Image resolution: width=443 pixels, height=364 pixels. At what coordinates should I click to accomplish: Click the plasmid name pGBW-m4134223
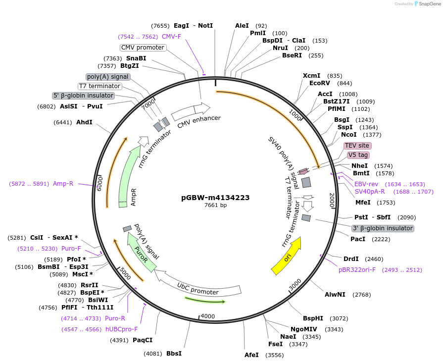pyautogui.click(x=215, y=197)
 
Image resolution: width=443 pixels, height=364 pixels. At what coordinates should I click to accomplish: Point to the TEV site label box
pyautogui.click(x=357, y=146)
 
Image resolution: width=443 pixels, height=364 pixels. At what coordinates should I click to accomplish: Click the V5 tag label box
pyautogui.click(x=358, y=155)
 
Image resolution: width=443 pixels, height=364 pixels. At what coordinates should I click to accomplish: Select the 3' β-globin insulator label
pyautogui.click(x=382, y=228)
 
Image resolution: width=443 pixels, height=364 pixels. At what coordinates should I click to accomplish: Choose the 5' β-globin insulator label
pyautogui.click(x=84, y=96)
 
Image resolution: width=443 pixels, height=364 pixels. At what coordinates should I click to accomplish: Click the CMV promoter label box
pyautogui.click(x=143, y=48)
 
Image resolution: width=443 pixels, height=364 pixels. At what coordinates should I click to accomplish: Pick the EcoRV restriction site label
pyautogui.click(x=319, y=83)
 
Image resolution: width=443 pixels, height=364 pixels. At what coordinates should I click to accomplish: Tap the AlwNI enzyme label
pyautogui.click(x=335, y=295)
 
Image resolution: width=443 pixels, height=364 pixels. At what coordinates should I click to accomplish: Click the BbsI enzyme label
pyautogui.click(x=174, y=354)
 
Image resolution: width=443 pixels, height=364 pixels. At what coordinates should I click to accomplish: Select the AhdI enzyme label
pyautogui.click(x=84, y=122)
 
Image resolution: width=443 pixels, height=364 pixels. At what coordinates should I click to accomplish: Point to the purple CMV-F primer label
pyautogui.click(x=171, y=37)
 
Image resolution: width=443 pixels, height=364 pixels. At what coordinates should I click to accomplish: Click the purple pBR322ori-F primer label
pyautogui.click(x=357, y=270)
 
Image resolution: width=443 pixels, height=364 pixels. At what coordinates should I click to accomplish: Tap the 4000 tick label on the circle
pyautogui.click(x=208, y=316)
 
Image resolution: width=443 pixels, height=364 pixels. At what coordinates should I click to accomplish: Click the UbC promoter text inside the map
pyautogui.click(x=197, y=289)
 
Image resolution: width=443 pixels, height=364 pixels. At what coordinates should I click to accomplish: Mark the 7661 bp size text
pyautogui.click(x=215, y=205)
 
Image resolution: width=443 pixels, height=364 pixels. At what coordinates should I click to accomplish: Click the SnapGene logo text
pyautogui.click(x=426, y=4)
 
